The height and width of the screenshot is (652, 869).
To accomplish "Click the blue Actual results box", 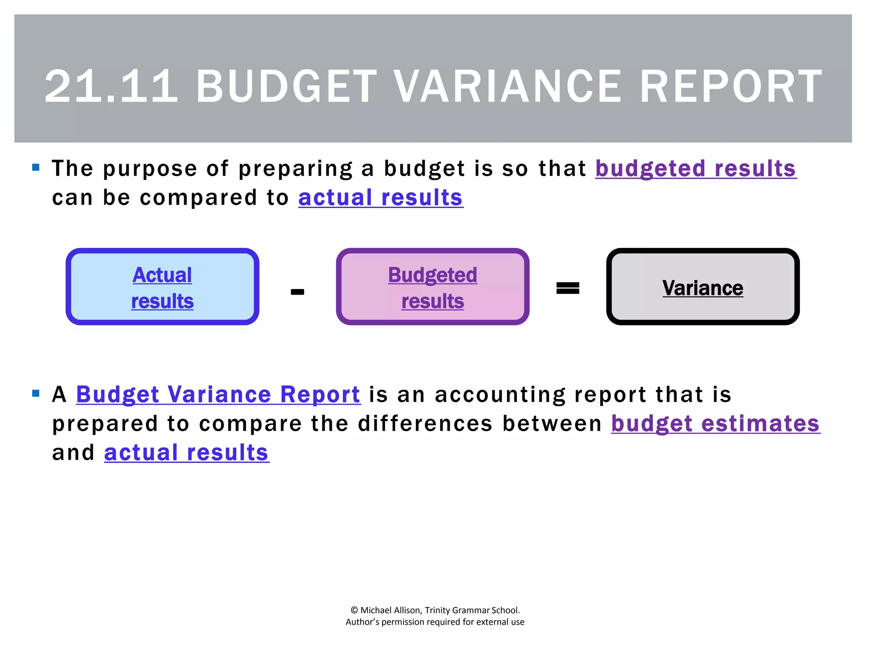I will click(x=163, y=287).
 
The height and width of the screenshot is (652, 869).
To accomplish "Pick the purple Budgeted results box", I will click(x=432, y=287).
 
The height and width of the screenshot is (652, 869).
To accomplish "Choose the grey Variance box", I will click(x=703, y=287).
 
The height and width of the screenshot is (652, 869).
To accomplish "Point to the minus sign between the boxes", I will click(x=297, y=292).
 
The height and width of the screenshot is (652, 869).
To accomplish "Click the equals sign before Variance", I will click(x=568, y=288).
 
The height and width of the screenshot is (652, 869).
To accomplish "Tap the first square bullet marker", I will click(x=36, y=167).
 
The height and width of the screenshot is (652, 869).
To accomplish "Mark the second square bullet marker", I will click(x=36, y=393).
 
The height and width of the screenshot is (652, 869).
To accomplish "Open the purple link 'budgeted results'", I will click(x=696, y=169).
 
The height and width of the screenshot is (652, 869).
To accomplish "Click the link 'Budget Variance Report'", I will click(x=218, y=394).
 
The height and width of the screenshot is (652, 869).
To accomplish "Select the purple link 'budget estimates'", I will click(x=715, y=424).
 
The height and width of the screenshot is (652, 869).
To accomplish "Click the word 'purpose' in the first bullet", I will click(x=150, y=169).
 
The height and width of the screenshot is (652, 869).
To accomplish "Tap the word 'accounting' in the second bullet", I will click(x=500, y=395).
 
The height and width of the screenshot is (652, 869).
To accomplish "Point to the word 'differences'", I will click(x=425, y=424).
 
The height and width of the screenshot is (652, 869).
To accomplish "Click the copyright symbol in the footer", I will click(x=354, y=610).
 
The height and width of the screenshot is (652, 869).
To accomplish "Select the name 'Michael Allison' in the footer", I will click(x=390, y=610).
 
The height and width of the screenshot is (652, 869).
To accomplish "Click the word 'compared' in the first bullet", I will click(x=199, y=198).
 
